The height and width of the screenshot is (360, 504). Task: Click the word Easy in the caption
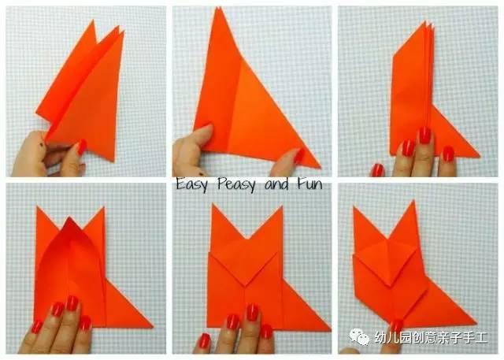tap(191, 184)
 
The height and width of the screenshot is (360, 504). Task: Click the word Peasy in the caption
tap(237, 184)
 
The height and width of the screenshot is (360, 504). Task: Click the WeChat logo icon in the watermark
tap(360, 336)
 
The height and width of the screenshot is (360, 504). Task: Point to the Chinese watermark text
tap(431, 337)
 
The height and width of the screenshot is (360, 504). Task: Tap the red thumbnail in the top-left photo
tap(81, 147)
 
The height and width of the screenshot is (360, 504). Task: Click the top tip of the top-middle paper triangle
tap(219, 8)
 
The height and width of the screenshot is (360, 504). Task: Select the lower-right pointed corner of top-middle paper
tap(320, 167)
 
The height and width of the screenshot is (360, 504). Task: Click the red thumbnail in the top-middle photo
tap(299, 155)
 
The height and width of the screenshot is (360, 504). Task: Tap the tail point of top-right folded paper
tap(480, 157)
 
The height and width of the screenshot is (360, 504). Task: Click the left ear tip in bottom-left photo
tap(37, 208)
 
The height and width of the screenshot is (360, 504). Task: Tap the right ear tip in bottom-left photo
tap(103, 208)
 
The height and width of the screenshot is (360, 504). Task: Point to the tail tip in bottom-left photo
tap(152, 327)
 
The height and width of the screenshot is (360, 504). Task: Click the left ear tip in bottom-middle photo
tap(212, 205)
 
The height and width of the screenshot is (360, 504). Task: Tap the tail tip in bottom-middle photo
tap(331, 330)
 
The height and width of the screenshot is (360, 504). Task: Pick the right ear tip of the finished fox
tap(413, 201)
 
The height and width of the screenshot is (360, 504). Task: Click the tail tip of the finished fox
tap(476, 322)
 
